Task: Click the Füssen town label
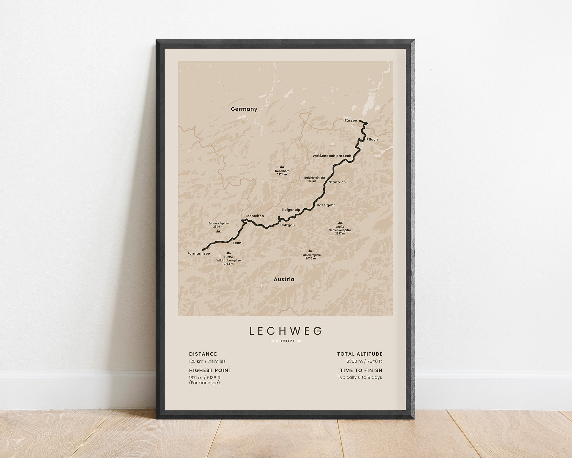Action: (x=351, y=121)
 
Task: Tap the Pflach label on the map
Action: (x=372, y=139)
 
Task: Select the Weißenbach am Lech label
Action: (x=332, y=156)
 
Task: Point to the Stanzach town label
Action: (x=337, y=182)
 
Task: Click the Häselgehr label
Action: (x=326, y=205)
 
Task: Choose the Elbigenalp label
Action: (x=291, y=210)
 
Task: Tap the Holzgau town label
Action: (x=287, y=225)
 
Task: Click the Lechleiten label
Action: (x=255, y=216)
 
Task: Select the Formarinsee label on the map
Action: (x=199, y=253)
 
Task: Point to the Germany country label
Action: (x=244, y=109)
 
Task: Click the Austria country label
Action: (x=284, y=279)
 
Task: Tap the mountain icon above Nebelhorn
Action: (x=282, y=166)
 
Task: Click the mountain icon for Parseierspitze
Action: (x=310, y=251)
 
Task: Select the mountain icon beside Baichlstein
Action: (x=323, y=177)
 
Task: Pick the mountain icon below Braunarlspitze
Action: (x=218, y=231)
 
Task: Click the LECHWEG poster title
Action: (x=286, y=331)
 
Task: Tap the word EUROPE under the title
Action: (x=286, y=341)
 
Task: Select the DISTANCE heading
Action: (x=203, y=354)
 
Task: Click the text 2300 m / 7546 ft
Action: (x=364, y=361)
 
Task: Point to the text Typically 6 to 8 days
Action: (x=360, y=378)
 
